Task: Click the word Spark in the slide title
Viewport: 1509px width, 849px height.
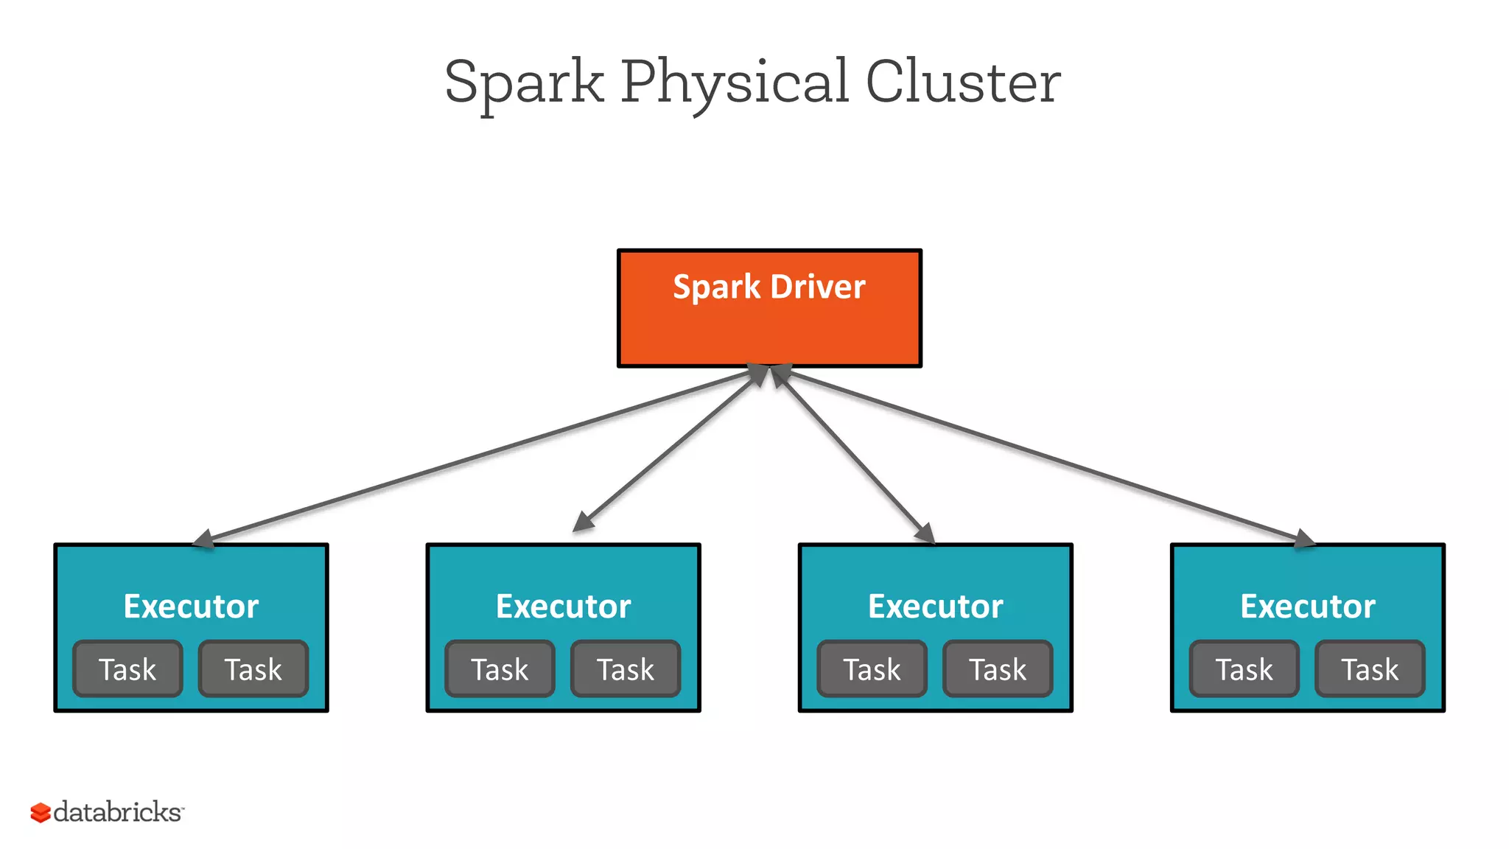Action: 524,83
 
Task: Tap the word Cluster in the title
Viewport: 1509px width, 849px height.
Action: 962,83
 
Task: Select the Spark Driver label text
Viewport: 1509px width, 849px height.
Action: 768,287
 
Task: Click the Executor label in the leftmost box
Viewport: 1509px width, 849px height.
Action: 191,607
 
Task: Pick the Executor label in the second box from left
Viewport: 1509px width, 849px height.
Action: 563,607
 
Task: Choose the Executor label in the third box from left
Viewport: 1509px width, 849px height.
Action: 935,607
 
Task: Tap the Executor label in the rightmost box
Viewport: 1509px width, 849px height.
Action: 1307,607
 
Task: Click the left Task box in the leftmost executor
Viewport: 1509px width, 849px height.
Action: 127,669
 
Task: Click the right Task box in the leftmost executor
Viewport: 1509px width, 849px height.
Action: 253,669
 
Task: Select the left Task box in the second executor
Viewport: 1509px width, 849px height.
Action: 500,669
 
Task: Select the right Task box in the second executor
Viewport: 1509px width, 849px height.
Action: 625,669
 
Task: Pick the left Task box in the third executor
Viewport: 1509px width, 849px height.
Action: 872,669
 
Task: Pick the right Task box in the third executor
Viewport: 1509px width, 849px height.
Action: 998,669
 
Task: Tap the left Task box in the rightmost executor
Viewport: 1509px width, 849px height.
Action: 1244,669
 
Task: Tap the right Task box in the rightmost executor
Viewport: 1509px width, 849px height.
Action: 1370,669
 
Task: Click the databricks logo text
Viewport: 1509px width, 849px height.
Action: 118,812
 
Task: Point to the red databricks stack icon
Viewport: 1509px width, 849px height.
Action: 40,813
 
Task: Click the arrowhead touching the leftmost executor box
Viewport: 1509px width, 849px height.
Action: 203,539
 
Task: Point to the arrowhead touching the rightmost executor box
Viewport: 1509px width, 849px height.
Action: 1303,539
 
